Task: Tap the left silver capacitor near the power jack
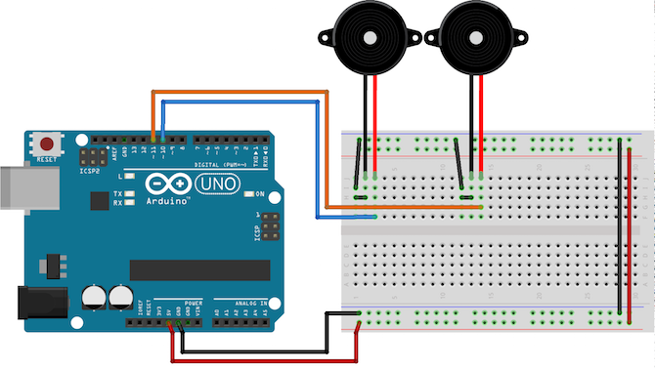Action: coord(94,296)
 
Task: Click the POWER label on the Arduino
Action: coord(193,304)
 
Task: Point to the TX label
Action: coord(117,194)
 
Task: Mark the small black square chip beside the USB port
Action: coord(98,200)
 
